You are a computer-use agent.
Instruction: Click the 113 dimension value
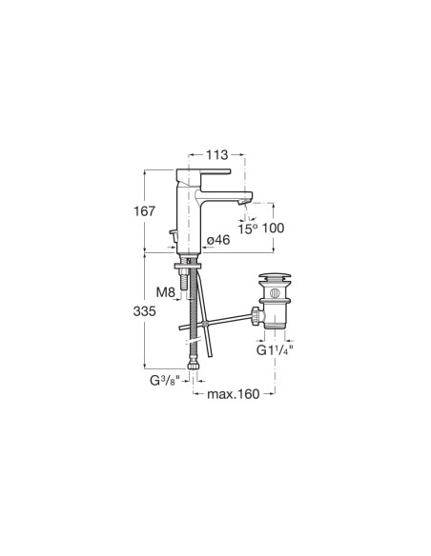tap(216, 154)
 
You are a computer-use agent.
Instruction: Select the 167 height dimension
tap(145, 211)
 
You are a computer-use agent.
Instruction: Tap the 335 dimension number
tap(145, 311)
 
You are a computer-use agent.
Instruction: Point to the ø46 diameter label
tap(218, 240)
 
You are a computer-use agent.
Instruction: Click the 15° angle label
tap(247, 228)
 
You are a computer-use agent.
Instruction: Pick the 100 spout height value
tap(273, 228)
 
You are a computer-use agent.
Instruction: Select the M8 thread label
tap(166, 292)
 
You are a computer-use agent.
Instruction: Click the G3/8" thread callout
tap(165, 381)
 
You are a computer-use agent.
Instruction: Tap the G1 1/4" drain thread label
tap(275, 350)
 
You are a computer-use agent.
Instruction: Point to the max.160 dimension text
tap(234, 394)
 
